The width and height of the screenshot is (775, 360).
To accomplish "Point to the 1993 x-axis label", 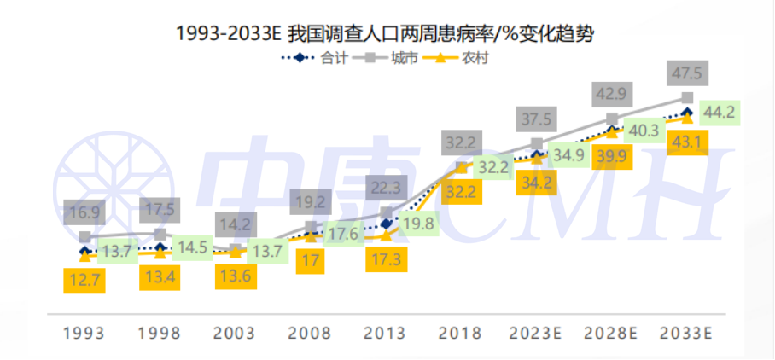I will coord(84,333).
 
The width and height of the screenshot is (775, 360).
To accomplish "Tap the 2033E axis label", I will coord(688,333).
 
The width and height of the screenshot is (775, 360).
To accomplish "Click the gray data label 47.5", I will coord(687,74).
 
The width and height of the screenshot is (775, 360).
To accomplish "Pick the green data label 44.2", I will coord(718,111).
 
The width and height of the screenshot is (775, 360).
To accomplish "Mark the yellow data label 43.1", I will coord(687,142).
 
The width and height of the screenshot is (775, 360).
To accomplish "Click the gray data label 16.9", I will coord(84,212).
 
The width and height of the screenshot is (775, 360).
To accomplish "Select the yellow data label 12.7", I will coord(84,280).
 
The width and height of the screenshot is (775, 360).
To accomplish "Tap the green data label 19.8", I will coord(418,224).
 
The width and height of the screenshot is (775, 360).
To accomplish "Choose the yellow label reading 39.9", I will coord(611,156).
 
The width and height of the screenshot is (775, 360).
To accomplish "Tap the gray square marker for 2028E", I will coord(612,119).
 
